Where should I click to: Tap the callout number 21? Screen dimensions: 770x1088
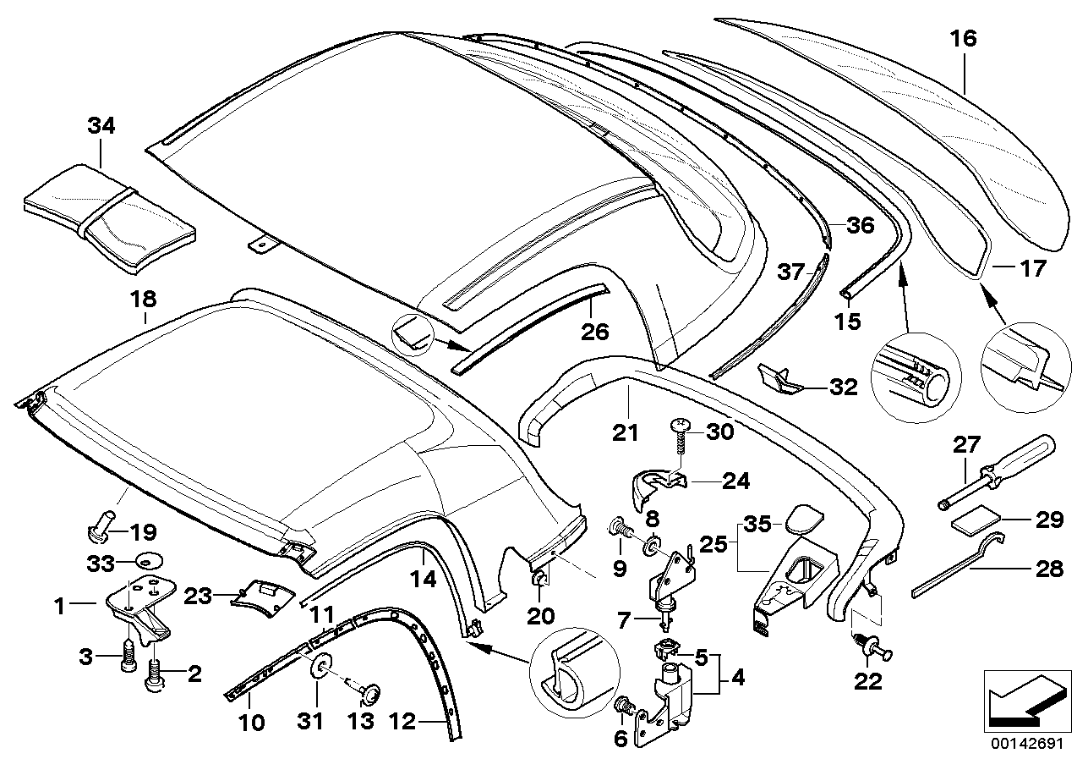(x=626, y=433)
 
